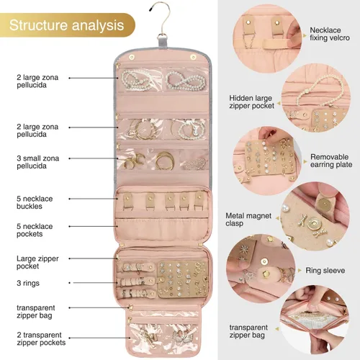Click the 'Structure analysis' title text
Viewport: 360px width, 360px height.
coord(66,25)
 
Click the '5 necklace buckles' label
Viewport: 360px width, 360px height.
coord(35,202)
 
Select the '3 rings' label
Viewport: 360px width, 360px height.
coord(28,283)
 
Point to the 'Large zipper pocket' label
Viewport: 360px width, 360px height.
coord(37,262)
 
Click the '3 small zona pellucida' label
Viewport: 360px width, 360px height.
coord(37,162)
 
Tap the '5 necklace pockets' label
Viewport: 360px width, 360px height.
coord(35,230)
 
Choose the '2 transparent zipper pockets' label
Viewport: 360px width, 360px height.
coord(41,338)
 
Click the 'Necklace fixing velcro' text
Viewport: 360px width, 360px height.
coord(330,34)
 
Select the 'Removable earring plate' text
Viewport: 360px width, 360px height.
coord(331,161)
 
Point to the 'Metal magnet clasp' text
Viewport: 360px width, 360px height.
coord(248,220)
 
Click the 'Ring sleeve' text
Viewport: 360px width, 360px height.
coord(325,271)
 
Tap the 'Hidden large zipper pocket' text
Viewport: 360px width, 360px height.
coord(251,102)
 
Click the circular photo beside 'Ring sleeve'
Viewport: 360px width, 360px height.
coord(261,269)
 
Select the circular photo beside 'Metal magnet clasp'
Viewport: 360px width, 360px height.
coord(315,216)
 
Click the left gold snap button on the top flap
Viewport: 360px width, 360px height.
coord(131,58)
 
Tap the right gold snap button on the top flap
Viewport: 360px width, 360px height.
coord(193,57)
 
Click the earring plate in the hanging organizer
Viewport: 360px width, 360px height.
coord(183,278)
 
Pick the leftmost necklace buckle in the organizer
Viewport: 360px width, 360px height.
coord(127,201)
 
